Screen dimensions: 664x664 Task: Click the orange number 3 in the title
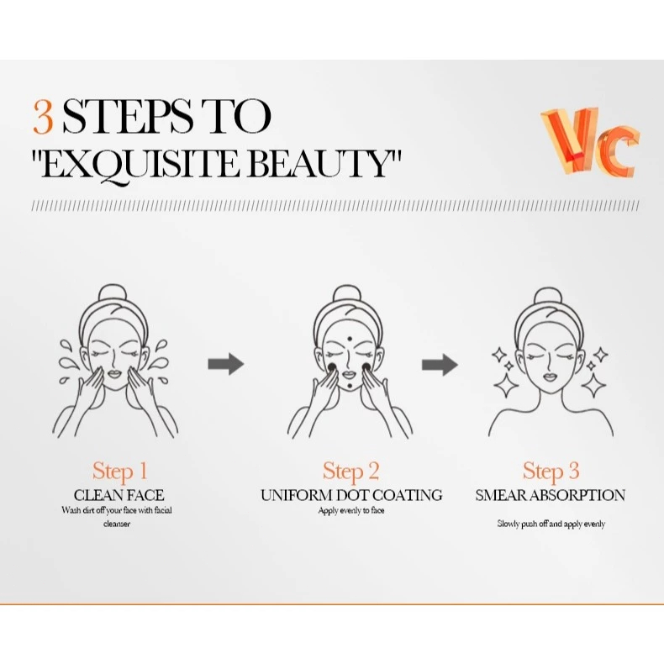[x=43, y=117]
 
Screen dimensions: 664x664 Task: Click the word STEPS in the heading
[x=127, y=117]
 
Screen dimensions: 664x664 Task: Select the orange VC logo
[x=590, y=141]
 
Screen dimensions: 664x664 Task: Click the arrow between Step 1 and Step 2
[x=226, y=364]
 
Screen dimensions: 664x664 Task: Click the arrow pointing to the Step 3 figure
[x=440, y=364]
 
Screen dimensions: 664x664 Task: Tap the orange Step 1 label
[x=120, y=472]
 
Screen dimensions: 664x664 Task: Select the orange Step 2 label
[x=350, y=472]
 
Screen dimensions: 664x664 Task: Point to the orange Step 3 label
[x=551, y=472]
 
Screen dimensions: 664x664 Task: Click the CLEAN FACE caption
[x=119, y=495]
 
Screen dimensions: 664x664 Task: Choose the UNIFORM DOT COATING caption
[x=351, y=495]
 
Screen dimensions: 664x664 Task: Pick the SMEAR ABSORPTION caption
[x=550, y=495]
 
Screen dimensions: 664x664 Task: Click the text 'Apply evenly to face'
[x=351, y=511]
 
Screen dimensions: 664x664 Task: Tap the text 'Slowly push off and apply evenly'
[x=551, y=524]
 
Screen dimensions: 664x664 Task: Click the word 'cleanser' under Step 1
[x=117, y=524]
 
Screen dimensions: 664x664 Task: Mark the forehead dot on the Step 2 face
[x=350, y=339]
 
